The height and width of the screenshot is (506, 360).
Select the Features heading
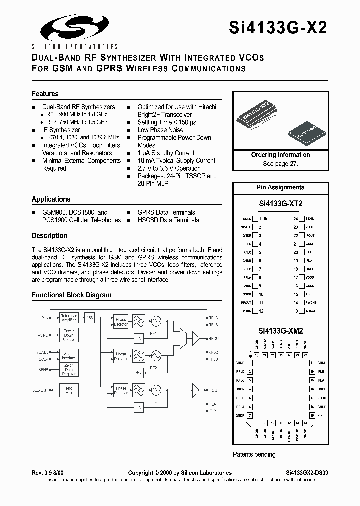pos(45,94)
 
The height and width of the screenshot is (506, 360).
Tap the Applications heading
pos(51,199)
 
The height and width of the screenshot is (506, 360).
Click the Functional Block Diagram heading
pos(71,295)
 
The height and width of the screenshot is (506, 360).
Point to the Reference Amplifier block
pos(69,318)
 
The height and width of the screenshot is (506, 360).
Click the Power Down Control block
pos(69,334)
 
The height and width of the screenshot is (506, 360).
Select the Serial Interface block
pos(69,356)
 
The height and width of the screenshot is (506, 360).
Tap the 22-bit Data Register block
pos(69,370)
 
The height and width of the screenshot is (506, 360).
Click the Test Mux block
pos(69,389)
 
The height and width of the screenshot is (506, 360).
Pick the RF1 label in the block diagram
pos(153,333)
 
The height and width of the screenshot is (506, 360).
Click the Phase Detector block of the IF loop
pos(121,390)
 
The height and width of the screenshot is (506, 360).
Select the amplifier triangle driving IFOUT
pos(196,389)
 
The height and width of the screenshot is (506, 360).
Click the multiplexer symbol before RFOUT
pos(183,338)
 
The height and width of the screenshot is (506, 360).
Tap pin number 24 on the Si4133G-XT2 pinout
pos(295,219)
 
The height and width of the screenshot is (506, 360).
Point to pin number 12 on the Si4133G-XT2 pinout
pos(260,311)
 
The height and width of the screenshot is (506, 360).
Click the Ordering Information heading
pos(280,155)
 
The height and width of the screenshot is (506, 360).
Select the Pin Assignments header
pos(280,187)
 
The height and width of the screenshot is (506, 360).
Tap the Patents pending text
pos(254,454)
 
